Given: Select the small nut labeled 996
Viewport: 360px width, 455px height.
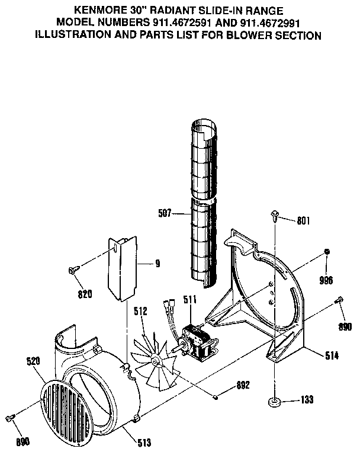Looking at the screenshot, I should click(326, 253).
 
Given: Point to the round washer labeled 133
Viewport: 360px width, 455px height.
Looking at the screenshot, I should click(275, 402).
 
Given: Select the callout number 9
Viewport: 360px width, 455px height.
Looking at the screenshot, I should click(157, 263).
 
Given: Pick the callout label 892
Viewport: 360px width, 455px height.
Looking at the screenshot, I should click(242, 384).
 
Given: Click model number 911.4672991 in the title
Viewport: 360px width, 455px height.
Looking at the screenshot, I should click(272, 23).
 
